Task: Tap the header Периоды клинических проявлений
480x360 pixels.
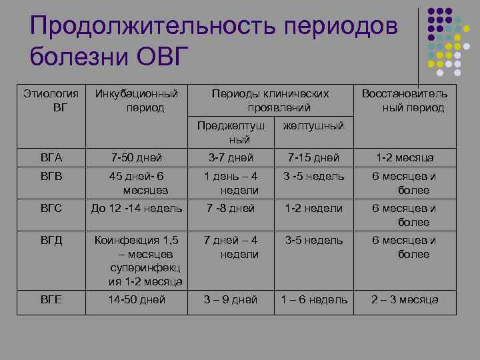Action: [270, 101]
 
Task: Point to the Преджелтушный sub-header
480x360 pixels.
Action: [230, 133]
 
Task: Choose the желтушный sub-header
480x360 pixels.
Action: [314, 126]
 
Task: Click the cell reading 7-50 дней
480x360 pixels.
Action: [137, 157]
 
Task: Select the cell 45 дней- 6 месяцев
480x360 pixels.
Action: [137, 183]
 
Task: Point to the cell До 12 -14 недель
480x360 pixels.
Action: [137, 208]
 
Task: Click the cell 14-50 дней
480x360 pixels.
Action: [137, 299]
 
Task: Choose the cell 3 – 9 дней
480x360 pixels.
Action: [230, 299]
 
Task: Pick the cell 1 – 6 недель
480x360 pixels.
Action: [314, 299]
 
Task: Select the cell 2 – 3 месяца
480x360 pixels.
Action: [404, 299]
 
